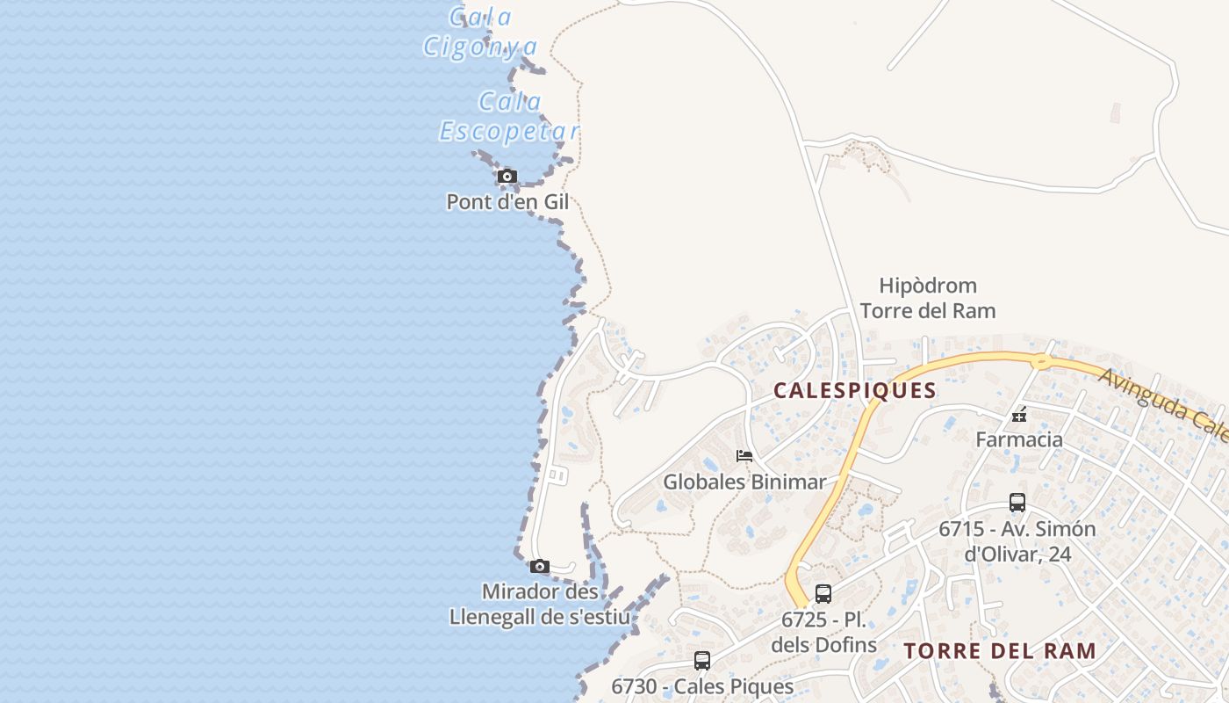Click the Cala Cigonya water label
pos(479,32)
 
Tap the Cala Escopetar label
pos(509,117)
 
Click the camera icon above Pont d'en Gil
pos(507,177)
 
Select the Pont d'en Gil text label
pos(507,202)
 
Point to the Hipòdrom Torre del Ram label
pos(928,298)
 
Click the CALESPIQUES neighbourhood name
pos(855,391)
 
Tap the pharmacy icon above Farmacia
pos(1019,415)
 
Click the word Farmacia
pos(1019,439)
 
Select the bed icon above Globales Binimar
pos(744,456)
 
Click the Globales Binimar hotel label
pos(744,482)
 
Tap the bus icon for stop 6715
pos(1017,503)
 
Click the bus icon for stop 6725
pos(823,594)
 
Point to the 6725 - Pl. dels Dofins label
pos(823,632)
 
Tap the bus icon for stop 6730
pos(702,661)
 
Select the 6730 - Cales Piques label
pos(702,686)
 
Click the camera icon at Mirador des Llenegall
pos(540,567)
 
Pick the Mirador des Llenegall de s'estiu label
pos(539,604)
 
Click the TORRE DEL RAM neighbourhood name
pos(1000,651)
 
